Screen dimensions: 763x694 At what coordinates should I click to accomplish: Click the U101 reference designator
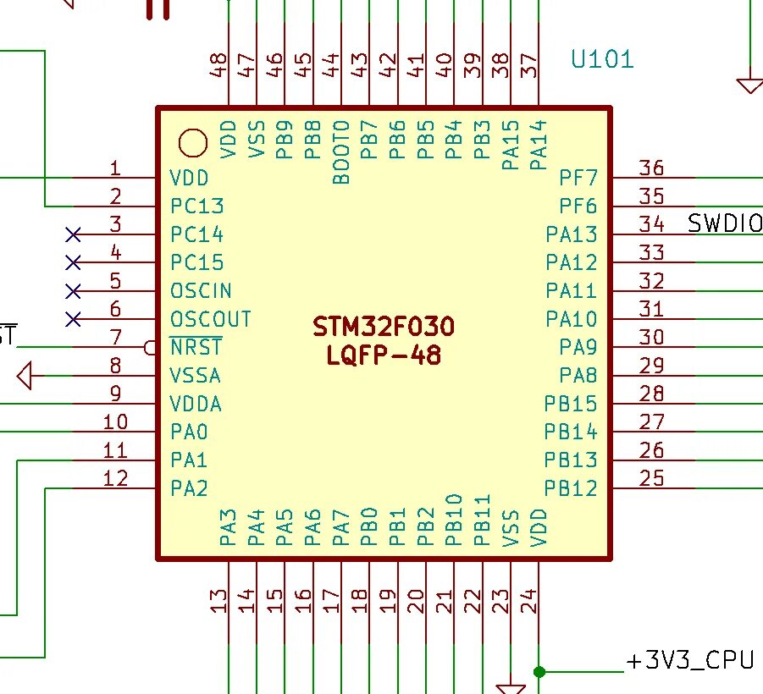[602, 59]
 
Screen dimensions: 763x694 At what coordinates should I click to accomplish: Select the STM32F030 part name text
[384, 327]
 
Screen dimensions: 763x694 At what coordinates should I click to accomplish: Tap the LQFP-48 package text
[384, 355]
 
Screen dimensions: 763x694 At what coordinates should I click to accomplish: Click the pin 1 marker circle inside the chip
[193, 143]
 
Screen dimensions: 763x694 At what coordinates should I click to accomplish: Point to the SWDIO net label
[725, 223]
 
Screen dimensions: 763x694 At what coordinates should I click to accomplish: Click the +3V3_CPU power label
[690, 661]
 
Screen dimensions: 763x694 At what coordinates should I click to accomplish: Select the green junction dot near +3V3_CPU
[539, 672]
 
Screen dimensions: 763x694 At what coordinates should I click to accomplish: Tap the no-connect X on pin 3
[73, 235]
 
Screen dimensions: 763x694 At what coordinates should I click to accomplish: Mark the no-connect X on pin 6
[73, 320]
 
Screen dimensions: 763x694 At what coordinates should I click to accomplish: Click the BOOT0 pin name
[341, 152]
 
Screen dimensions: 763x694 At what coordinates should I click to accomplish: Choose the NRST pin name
[196, 347]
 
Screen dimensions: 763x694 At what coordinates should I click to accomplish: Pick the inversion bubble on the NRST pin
[151, 348]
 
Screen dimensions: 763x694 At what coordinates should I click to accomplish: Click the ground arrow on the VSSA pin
[25, 376]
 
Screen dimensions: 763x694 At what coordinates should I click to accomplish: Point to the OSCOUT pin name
[211, 319]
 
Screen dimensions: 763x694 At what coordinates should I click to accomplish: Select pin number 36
[651, 168]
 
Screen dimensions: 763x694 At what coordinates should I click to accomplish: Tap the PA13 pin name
[572, 234]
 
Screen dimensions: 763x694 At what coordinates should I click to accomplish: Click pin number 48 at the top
[218, 65]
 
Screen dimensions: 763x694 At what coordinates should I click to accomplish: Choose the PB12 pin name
[570, 487]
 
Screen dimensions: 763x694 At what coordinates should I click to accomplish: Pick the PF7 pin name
[578, 178]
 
